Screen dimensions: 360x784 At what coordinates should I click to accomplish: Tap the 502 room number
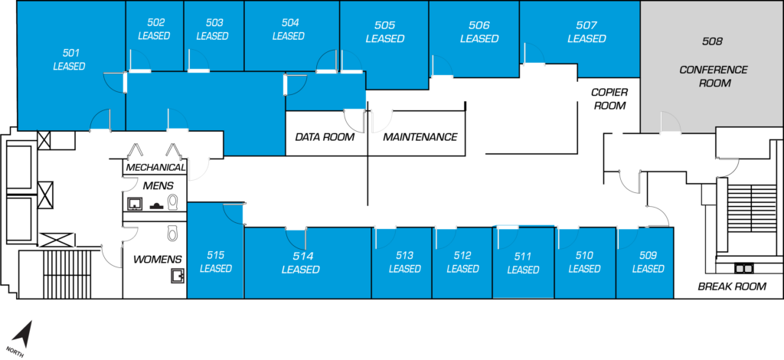[x=154, y=23]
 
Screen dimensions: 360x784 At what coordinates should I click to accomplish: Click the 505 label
[x=384, y=25]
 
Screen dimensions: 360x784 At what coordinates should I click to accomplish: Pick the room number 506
[x=479, y=25]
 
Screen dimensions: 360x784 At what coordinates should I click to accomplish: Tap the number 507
[x=586, y=25]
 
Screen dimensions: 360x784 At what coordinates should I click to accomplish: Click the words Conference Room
[x=713, y=76]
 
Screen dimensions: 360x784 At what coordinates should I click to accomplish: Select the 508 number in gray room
[x=712, y=41]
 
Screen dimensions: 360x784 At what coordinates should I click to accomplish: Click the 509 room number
[x=648, y=255]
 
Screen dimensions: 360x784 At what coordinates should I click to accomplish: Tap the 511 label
[x=523, y=257]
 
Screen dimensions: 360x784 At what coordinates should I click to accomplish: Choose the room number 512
[x=462, y=255]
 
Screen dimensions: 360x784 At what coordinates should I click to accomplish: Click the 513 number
[x=404, y=255]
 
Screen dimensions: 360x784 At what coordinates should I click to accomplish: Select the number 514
[x=300, y=256]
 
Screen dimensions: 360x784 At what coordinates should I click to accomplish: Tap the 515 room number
[x=215, y=255]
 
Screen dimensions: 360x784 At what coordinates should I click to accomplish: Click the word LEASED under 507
[x=586, y=39]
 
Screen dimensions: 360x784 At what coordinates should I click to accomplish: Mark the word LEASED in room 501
[x=69, y=67]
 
